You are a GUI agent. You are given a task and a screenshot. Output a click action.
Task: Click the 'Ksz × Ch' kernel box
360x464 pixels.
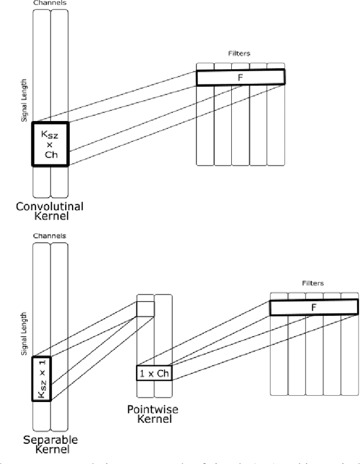click(50, 144)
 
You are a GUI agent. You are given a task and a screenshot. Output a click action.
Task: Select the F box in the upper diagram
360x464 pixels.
click(240, 77)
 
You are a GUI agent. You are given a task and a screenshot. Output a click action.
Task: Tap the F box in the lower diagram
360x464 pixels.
click(313, 307)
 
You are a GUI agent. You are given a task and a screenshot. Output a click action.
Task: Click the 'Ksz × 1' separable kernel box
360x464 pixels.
click(42, 378)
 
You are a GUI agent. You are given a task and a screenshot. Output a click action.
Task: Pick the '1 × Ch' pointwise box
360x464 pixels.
click(154, 373)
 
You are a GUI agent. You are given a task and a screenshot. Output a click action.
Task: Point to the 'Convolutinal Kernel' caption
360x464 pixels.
click(50, 211)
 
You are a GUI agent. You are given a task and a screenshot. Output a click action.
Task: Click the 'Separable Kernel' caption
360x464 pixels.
click(50, 444)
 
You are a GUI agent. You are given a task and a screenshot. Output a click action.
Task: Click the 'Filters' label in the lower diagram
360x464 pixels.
click(313, 283)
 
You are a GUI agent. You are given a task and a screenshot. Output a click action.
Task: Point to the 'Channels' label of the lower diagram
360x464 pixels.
click(50, 236)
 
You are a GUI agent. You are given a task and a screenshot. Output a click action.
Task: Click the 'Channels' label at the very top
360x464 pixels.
click(50, 3)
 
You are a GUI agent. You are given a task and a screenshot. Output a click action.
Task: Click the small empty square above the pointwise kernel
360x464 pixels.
click(145, 309)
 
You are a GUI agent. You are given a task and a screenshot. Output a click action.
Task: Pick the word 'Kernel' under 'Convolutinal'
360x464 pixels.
click(50, 216)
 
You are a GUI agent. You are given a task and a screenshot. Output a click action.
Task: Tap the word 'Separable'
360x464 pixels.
click(50, 439)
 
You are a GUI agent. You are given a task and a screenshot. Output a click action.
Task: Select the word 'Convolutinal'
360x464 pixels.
click(50, 206)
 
